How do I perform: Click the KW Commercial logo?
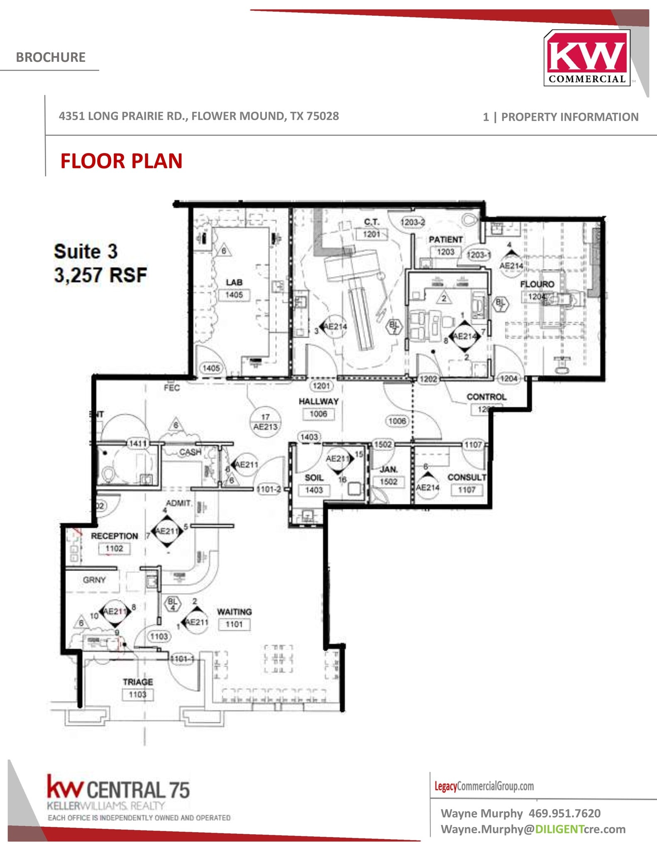pos(586,58)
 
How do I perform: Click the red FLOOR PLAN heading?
pos(121,161)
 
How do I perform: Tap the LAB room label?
pos(234,282)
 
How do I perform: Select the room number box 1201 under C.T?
pos(371,234)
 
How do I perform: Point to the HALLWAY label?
pos(318,401)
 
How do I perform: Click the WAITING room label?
pos(234,612)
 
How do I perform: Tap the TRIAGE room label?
pos(138,682)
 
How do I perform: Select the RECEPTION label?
pos(114,536)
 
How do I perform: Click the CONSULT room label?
pos(466,477)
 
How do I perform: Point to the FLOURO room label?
pos(537,284)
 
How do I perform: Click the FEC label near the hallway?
pos(172,388)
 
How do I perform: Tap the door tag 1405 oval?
pos(211,368)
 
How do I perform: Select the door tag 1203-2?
pos(413,222)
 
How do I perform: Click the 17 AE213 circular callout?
pos(265,422)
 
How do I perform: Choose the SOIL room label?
pos(314,478)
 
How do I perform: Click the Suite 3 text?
pos(85,252)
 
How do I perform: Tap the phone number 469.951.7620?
pos(564,813)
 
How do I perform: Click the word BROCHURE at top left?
pos(51,57)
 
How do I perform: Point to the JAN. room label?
pos(388,469)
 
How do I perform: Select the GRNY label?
pos(94,580)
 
